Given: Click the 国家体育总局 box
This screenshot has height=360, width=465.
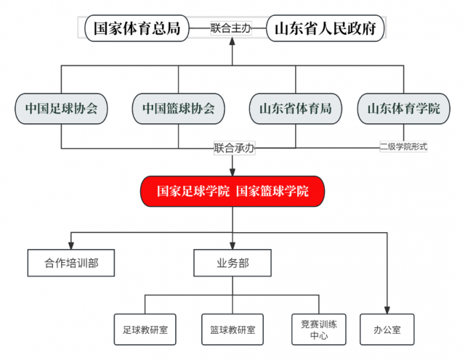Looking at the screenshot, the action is tap(137, 28).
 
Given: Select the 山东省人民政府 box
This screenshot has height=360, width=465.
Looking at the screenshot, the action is tap(325, 28).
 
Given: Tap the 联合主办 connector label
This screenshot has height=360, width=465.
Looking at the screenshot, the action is tap(231, 28).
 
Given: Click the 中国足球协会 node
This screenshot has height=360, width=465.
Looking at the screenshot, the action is tap(61, 109).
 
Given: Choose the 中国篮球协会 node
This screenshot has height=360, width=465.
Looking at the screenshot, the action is tap(179, 109).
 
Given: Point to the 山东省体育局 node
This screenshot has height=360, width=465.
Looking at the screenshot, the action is tap(296, 109).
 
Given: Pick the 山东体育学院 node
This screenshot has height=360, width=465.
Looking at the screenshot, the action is tap(404, 109).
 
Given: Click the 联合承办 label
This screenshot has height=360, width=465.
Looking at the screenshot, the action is tap(234, 148).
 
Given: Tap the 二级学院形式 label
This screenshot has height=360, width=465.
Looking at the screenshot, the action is tap(404, 147).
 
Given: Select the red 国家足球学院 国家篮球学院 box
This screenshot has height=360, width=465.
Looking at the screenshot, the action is tap(232, 192).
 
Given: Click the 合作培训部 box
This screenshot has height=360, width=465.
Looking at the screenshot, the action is tap(71, 263).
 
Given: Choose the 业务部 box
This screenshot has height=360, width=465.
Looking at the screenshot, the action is tap(232, 263).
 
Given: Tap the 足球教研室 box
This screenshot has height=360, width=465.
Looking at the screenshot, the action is tap(145, 330).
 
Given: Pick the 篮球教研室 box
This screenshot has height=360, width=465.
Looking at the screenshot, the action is tap(232, 330).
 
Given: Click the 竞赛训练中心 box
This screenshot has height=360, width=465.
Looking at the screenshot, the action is tap(319, 330).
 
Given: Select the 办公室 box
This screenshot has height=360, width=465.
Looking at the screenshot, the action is tap(387, 330).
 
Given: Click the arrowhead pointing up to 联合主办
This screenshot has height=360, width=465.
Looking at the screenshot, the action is tap(232, 41).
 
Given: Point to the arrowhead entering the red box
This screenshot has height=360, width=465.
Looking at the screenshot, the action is tap(232, 172).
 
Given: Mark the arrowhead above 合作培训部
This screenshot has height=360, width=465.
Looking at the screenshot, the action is tap(71, 245).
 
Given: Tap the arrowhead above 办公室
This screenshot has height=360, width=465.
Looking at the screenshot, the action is tap(387, 310).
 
